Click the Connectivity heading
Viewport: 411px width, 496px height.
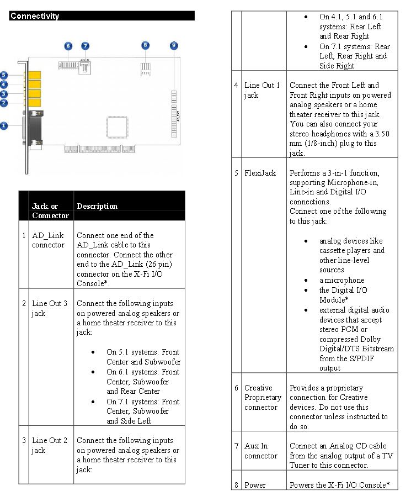click(35, 16)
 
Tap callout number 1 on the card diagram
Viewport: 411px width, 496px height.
click(4, 125)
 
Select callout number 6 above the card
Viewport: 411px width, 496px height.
click(68, 46)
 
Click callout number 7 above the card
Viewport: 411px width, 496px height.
click(85, 46)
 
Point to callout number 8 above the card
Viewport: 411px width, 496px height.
click(145, 45)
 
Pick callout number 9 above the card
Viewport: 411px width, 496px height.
click(174, 45)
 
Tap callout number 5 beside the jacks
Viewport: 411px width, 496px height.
click(4, 75)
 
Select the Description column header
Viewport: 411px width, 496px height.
click(97, 206)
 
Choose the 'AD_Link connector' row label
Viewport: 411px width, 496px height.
click(48, 240)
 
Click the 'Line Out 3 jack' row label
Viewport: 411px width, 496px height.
click(50, 308)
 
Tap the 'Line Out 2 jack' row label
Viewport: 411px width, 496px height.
click(50, 445)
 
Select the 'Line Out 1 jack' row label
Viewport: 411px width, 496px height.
click(262, 90)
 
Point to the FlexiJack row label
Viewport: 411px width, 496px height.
click(260, 173)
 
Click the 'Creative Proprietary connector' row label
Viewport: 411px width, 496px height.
click(263, 398)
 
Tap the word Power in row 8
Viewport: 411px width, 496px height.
click(255, 485)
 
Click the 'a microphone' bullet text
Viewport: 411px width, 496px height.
click(341, 280)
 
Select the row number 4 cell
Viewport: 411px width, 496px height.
click(237, 85)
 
